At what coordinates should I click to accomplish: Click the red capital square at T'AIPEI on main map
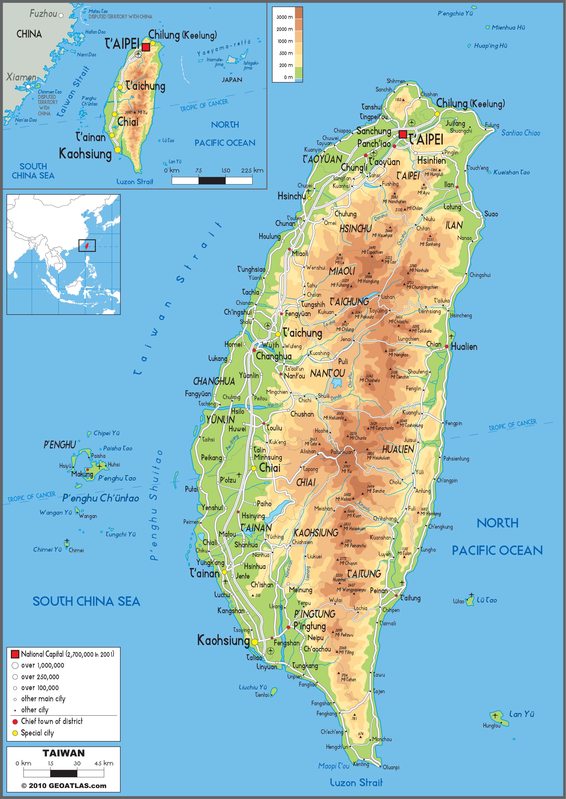point(403,134)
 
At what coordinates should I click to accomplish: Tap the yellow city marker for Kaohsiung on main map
point(255,642)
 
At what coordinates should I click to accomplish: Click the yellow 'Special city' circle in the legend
point(15,733)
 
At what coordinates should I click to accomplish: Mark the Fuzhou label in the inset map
point(43,14)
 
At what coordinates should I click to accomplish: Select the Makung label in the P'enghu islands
point(82,474)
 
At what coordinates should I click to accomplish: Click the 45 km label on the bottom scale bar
point(104,763)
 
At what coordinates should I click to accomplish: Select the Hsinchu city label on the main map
point(291,196)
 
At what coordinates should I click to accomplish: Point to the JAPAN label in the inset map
point(232,80)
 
